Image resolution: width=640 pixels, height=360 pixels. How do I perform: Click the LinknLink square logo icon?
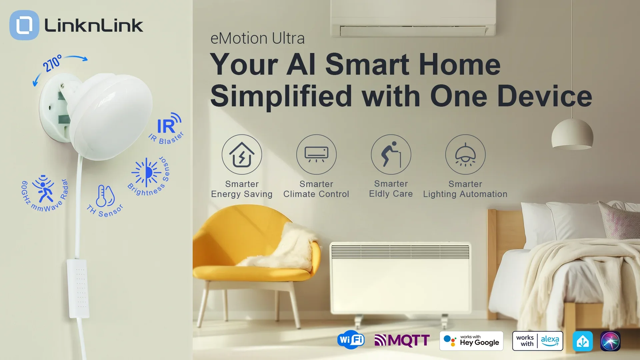coord(24,25)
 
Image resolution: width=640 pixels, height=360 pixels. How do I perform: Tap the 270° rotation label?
coord(52,63)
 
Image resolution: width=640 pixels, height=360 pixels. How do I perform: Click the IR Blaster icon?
coord(169,123)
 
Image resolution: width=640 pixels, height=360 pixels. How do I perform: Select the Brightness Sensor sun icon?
coord(146,172)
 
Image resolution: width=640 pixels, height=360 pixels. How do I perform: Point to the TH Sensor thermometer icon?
coord(105,196)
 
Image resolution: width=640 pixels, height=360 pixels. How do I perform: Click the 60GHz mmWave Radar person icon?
coord(43,188)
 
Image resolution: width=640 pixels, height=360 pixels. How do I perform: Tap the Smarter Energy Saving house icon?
coord(242,154)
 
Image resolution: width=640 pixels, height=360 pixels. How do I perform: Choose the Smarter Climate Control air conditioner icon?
coord(316,154)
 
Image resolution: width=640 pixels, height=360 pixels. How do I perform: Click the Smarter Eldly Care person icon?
coord(391,154)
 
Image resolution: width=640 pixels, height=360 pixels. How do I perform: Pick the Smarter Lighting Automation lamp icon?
coord(465,154)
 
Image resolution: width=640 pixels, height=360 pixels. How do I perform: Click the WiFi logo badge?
coord(351,340)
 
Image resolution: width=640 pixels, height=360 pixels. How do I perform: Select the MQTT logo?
coord(402,340)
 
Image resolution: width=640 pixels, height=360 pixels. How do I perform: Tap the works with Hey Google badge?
coord(471,341)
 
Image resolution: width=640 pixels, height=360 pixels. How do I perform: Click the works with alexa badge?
coord(538,341)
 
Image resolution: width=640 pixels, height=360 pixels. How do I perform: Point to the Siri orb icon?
coord(610,341)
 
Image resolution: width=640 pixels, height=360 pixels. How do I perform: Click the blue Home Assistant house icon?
coord(583,341)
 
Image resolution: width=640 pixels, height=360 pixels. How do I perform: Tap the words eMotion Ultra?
coord(257,38)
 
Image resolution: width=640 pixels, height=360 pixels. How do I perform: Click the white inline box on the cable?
coord(78,288)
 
